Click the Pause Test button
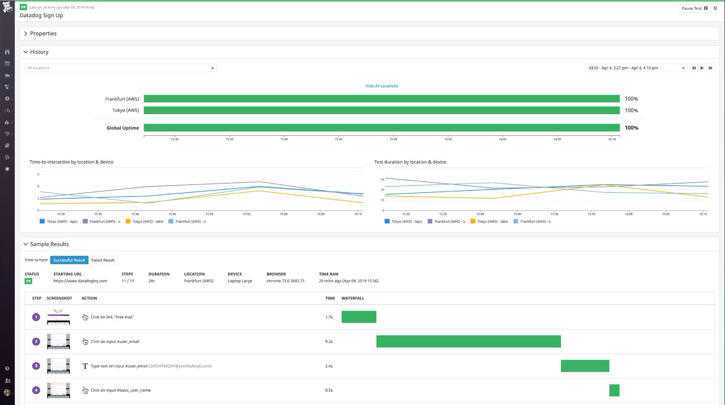click(694, 8)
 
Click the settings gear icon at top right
click(716, 8)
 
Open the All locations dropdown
click(120, 68)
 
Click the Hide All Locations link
click(381, 86)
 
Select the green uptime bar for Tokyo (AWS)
click(381, 110)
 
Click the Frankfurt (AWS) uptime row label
click(122, 99)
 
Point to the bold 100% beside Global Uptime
click(631, 128)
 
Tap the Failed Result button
click(103, 260)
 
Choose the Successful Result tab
click(69, 260)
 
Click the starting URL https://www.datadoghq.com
click(80, 281)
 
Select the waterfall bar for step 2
click(468, 341)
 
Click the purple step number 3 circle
click(36, 366)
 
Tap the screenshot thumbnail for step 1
click(59, 317)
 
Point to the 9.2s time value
click(329, 341)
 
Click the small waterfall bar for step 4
click(614, 390)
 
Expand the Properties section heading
click(43, 34)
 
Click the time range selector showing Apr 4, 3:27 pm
click(636, 68)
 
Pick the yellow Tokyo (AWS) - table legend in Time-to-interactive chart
click(145, 221)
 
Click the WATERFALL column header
click(353, 298)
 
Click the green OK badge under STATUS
click(28, 281)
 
